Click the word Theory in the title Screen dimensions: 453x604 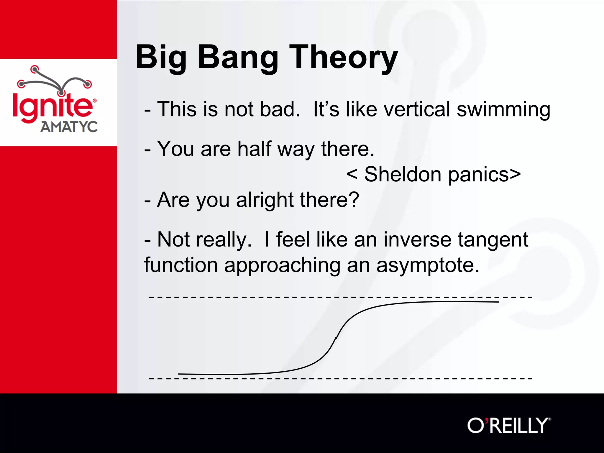(344, 58)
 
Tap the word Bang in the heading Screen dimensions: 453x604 (238, 58)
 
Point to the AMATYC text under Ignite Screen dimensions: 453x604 (69, 127)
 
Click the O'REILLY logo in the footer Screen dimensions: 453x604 (509, 426)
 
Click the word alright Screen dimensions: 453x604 (265, 200)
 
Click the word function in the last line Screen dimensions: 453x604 (181, 265)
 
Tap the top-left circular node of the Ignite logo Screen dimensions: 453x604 (35, 69)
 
